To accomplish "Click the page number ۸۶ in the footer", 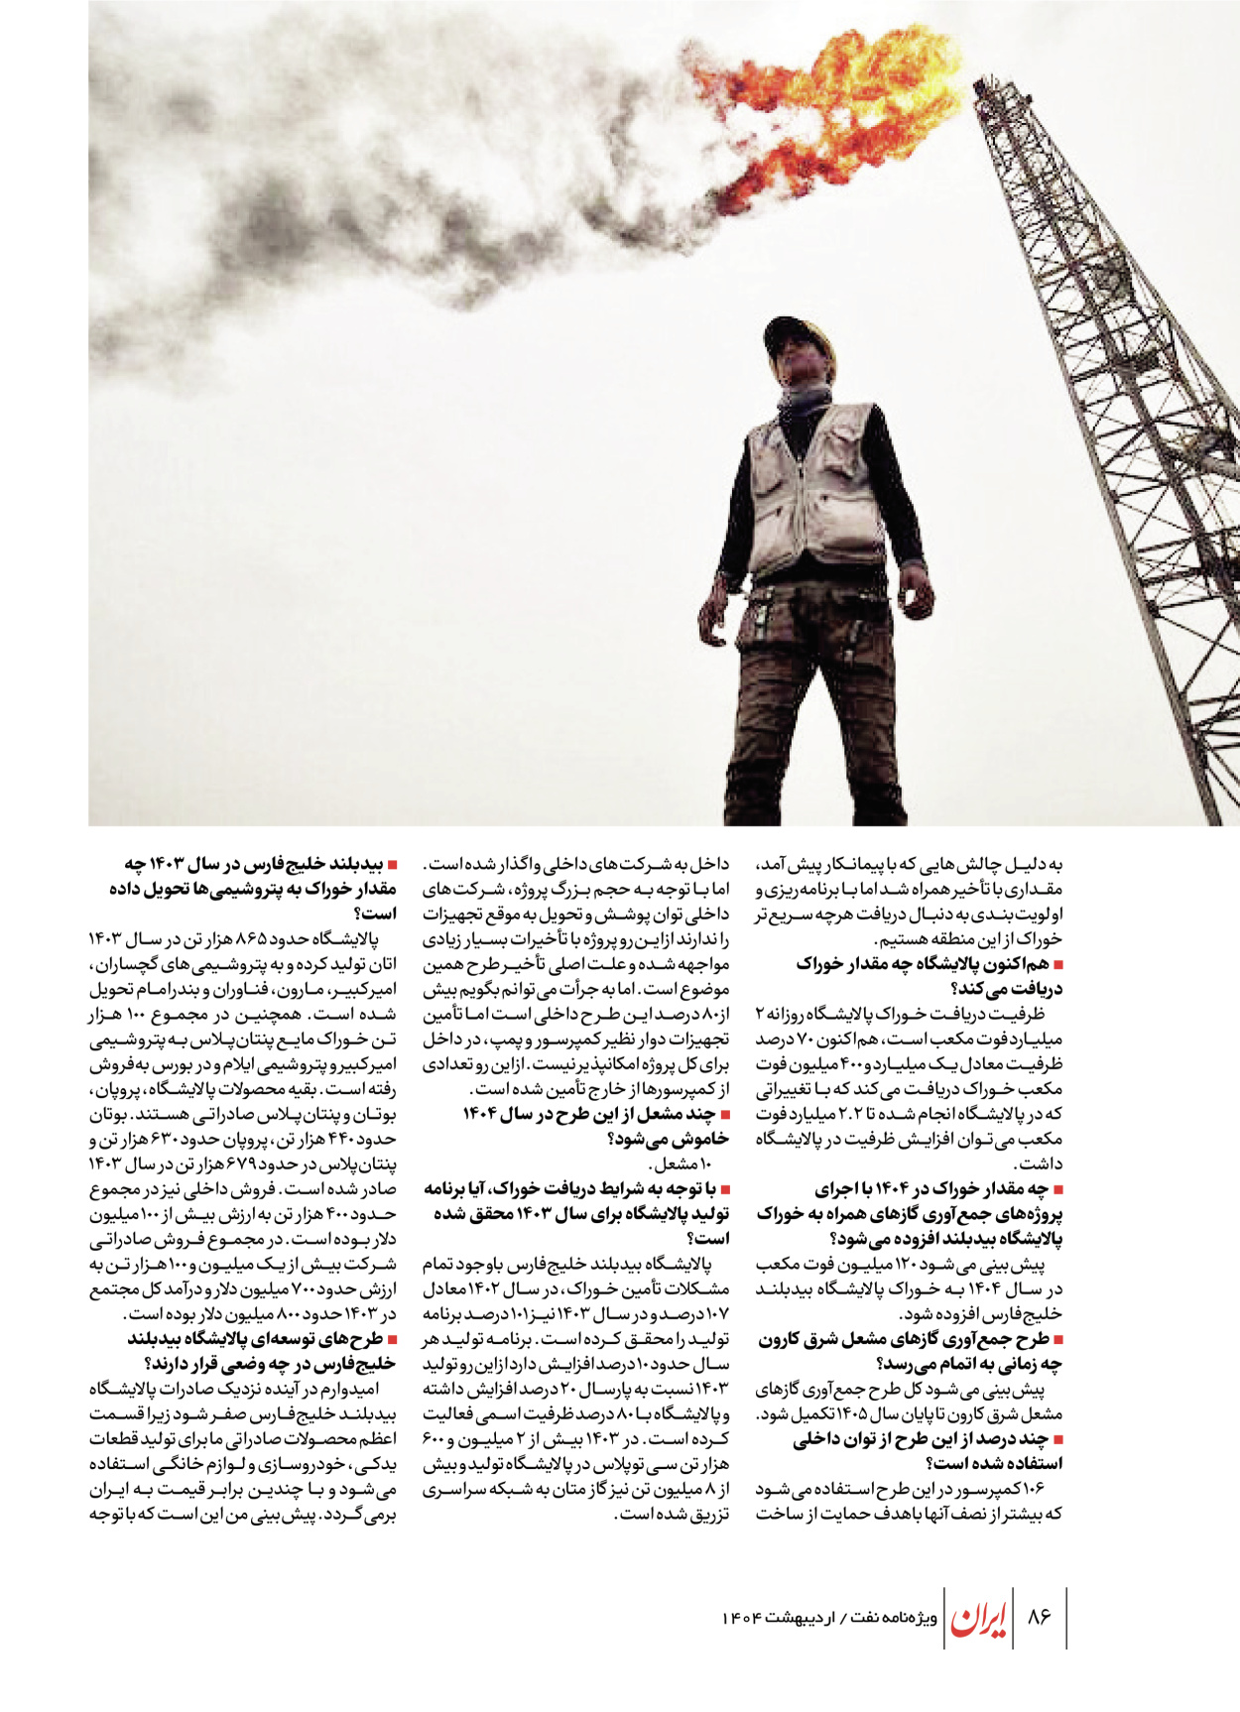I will click(1039, 1616).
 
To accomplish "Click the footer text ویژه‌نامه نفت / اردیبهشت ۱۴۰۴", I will click(829, 1618).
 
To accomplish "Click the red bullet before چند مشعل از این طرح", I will click(724, 1115).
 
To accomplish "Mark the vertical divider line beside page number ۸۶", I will click(1065, 1617).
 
